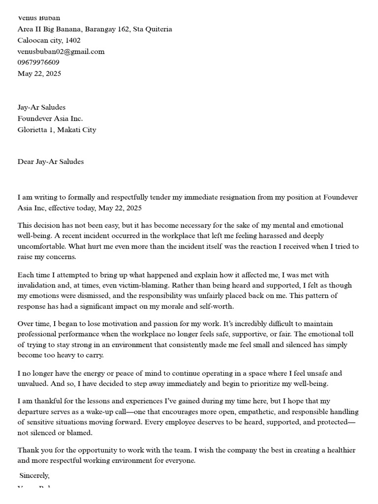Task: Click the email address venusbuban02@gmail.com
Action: point(61,51)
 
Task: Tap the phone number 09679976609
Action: point(38,63)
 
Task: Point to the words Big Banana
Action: point(59,29)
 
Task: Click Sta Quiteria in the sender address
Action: point(153,29)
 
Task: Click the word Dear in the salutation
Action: point(26,161)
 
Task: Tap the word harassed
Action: point(261,236)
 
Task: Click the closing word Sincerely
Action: point(34,475)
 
